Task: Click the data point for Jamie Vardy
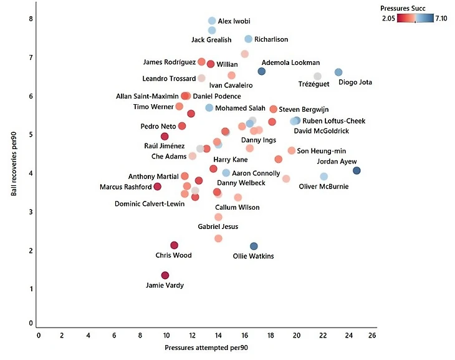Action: pos(165,275)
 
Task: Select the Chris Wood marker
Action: pos(174,245)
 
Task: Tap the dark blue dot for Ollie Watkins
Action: pos(254,246)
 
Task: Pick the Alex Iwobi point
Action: pos(212,21)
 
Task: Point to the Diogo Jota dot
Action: pos(338,72)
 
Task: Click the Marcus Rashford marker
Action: pos(157,187)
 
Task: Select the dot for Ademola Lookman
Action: pos(261,71)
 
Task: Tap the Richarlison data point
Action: pos(249,39)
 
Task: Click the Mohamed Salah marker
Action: pos(209,108)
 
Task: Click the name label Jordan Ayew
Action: pos(337,162)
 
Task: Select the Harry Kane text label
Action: pos(231,160)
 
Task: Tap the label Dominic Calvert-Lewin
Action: pos(150,203)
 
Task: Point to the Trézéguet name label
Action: pos(314,84)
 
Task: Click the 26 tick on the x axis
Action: pos(372,335)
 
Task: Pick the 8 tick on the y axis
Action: pos(31,19)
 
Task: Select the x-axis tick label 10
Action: pos(166,335)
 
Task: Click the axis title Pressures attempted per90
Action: pos(206,348)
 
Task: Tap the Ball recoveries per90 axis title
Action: pos(14,163)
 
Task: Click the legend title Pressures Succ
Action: pos(403,9)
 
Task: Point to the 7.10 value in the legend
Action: pos(441,18)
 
